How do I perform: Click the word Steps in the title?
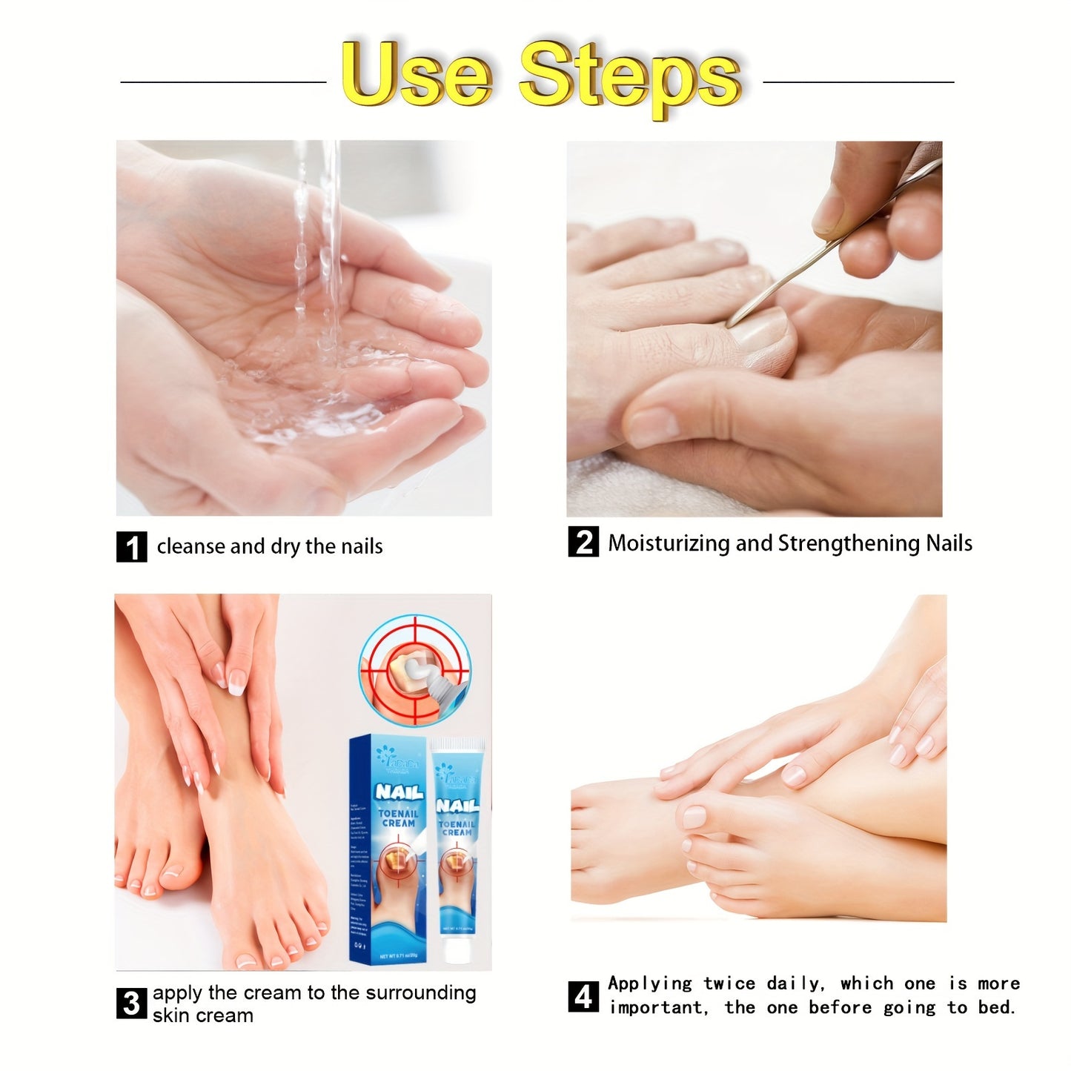click(629, 76)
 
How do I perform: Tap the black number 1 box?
click(132, 547)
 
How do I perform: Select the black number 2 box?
click(583, 542)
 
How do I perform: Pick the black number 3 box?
click(131, 1003)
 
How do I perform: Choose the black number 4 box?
click(583, 996)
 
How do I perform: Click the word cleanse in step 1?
click(190, 547)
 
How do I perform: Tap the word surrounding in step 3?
click(429, 992)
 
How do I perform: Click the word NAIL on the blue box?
click(399, 792)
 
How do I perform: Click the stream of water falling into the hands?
click(317, 245)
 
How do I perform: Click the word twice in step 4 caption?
click(729, 984)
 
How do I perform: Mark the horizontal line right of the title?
click(858, 82)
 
